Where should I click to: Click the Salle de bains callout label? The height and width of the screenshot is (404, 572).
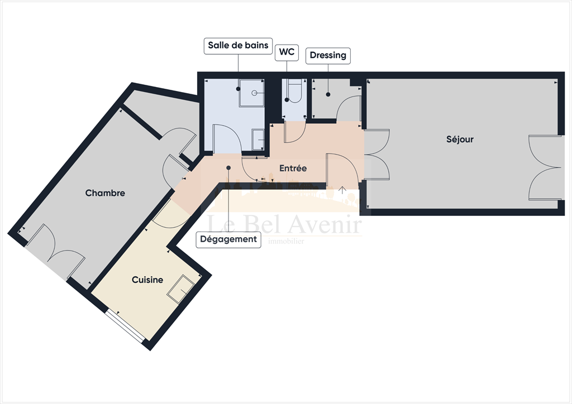click(x=238, y=45)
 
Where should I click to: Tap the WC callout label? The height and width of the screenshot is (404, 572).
click(x=288, y=54)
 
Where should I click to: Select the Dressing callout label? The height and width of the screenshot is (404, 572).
click(x=328, y=55)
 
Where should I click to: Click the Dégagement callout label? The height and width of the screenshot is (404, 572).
click(x=228, y=239)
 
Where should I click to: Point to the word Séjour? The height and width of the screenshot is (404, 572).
click(x=460, y=139)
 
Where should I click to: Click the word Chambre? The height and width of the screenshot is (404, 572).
click(x=105, y=193)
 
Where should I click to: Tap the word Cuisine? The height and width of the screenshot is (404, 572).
click(x=147, y=280)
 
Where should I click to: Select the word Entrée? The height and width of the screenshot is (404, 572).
click(x=293, y=167)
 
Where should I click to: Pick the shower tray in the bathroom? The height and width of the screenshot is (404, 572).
click(x=252, y=93)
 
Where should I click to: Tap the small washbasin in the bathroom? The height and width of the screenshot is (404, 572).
click(x=258, y=140)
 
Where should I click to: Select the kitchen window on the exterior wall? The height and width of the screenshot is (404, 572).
click(x=125, y=326)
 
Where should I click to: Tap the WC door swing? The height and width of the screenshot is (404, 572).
click(x=294, y=132)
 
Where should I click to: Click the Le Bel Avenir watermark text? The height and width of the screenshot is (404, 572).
click(x=285, y=224)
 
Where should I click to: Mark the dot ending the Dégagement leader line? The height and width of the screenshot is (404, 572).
click(x=228, y=167)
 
